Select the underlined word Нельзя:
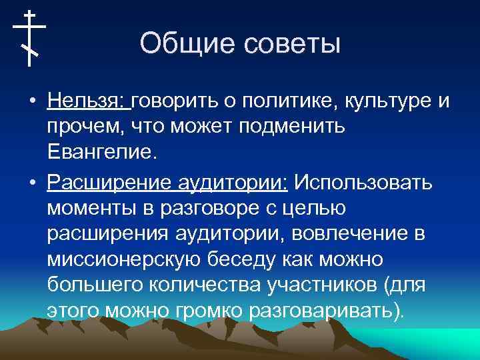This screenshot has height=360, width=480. [x=89, y=101]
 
